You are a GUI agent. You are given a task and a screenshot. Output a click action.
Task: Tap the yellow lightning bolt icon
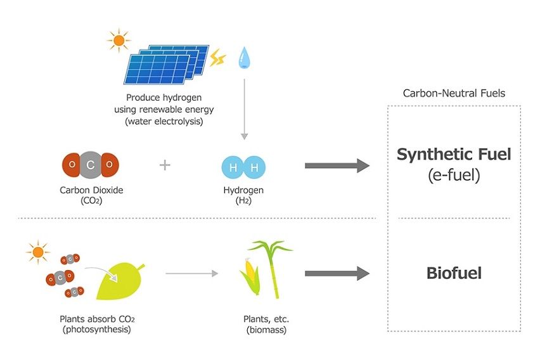click(x=217, y=58)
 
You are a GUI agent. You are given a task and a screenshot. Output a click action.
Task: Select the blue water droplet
click(x=243, y=58)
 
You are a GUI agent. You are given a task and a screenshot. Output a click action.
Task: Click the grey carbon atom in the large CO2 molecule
click(x=91, y=165)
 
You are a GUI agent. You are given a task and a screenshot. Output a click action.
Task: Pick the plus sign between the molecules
click(x=165, y=165)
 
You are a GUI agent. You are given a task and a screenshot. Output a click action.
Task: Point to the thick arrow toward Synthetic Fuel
click(x=337, y=166)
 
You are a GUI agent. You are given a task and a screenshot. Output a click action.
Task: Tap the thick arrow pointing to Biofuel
click(x=337, y=274)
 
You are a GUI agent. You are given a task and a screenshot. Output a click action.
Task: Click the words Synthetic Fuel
click(x=454, y=154)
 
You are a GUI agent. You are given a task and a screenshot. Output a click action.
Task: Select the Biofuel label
click(x=454, y=274)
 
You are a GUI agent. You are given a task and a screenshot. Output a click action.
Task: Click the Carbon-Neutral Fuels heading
click(x=454, y=93)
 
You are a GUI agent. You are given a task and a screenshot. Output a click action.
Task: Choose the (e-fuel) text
click(x=454, y=175)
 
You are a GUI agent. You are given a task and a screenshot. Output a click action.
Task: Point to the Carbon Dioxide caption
click(x=90, y=190)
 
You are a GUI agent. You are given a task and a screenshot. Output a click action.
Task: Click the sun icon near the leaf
click(x=38, y=252)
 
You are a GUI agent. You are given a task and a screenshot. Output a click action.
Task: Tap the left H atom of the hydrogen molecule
click(x=233, y=168)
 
